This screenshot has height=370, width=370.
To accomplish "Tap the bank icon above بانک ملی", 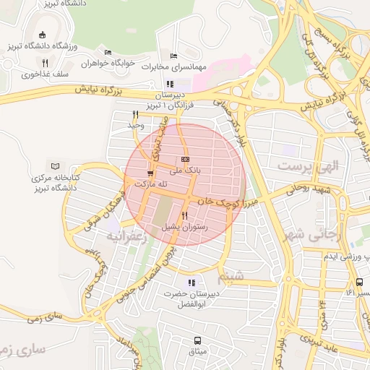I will [185, 159].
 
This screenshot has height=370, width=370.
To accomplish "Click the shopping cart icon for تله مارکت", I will [150, 173].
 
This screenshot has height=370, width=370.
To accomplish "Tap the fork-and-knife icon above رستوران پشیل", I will [184, 215].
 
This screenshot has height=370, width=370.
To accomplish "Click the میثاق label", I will [197, 352].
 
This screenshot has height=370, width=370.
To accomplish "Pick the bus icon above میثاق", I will [197, 340].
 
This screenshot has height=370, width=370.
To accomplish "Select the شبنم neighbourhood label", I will [231, 275].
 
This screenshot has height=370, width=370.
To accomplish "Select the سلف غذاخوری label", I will [45, 74].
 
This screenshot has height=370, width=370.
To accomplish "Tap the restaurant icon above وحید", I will [135, 114].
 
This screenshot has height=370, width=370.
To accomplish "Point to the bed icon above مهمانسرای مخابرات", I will [173, 56].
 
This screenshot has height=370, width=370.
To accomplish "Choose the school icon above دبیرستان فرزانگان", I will [170, 84].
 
